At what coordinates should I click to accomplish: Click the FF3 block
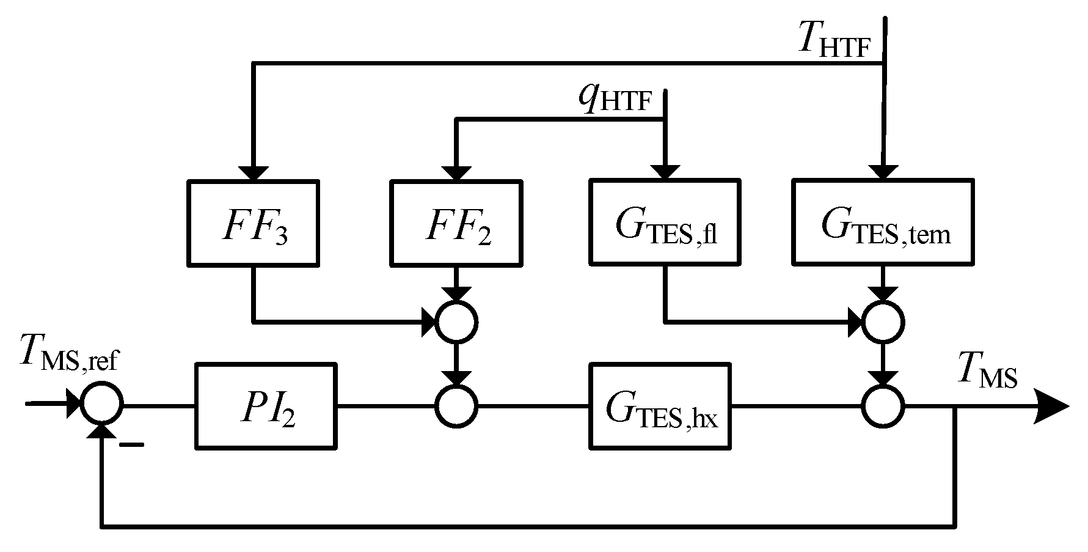coord(253,222)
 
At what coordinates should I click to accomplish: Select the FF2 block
coord(456,222)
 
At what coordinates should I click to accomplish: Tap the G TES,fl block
coord(665,222)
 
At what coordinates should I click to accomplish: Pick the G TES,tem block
coord(882,222)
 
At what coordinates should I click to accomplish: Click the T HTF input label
coord(834,40)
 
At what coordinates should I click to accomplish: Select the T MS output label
coord(987,371)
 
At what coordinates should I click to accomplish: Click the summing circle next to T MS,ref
coord(103,405)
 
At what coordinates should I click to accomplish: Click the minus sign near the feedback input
coord(131,445)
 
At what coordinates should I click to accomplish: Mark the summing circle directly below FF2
coord(456,322)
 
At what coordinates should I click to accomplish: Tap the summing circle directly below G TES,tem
coord(882,322)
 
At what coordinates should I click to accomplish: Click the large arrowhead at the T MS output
coord(1051,406)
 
